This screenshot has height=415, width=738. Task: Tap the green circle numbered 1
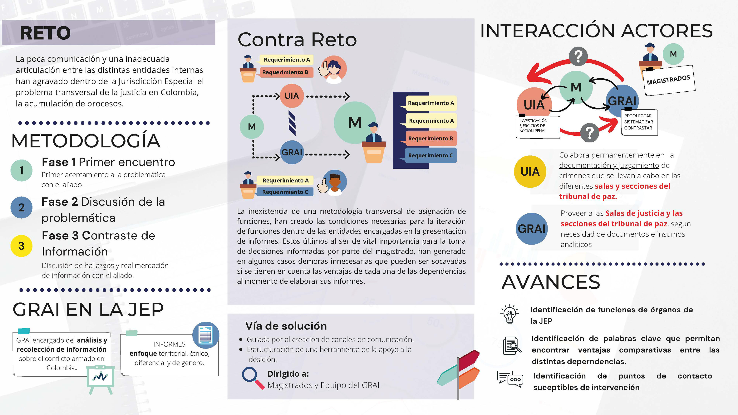21,170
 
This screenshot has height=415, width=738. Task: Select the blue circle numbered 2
21,207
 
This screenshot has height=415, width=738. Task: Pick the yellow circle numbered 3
21,246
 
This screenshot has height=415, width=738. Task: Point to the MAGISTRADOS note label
668,80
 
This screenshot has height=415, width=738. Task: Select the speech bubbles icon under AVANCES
510,379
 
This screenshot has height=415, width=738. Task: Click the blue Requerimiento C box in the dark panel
430,155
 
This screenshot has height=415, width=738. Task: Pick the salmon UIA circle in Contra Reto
292,96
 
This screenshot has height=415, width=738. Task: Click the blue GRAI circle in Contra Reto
292,152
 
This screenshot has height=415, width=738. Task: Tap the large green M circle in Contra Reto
355,123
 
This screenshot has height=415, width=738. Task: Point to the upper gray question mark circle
578,56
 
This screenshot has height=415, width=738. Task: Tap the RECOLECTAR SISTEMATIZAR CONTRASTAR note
639,122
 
